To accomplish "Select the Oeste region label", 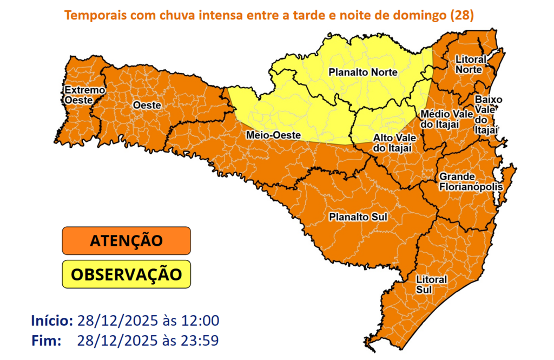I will [147, 106].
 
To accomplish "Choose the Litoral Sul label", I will [431, 284].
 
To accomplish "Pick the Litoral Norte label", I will [470, 64].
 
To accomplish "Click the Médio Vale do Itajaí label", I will [440, 120].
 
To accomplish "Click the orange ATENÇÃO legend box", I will [127, 240].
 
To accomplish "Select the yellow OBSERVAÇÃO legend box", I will [127, 274].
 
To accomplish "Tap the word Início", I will [52, 320].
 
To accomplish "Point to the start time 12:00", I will [201, 320].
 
